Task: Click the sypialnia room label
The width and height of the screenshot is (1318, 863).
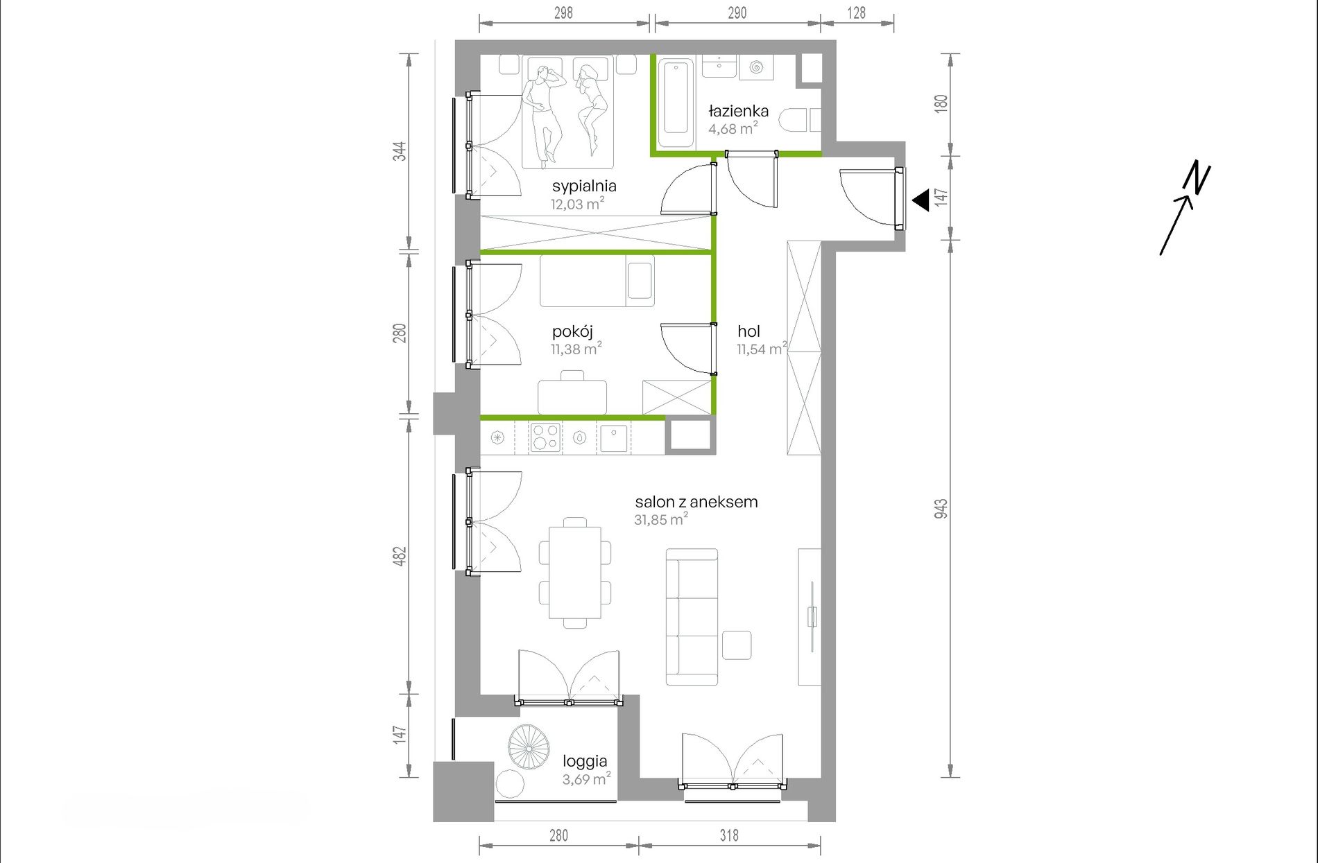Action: (x=584, y=186)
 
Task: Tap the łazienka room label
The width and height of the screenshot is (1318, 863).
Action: (x=738, y=111)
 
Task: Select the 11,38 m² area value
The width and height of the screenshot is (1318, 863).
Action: (x=576, y=349)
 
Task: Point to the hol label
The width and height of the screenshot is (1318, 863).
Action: (x=748, y=331)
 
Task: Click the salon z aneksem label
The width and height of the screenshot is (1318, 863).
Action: (x=696, y=502)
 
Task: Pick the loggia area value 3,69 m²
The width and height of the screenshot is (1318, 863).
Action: (x=587, y=778)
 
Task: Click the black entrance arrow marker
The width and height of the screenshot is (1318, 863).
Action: (x=921, y=200)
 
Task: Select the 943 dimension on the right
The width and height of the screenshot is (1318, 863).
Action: (x=941, y=509)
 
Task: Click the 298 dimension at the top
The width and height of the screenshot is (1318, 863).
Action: (x=563, y=12)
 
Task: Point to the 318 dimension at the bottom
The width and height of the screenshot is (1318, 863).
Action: (x=729, y=835)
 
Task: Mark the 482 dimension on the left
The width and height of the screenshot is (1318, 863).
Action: (x=400, y=556)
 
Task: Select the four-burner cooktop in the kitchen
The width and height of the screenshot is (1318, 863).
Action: (x=545, y=438)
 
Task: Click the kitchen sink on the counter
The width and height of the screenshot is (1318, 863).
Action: (x=614, y=438)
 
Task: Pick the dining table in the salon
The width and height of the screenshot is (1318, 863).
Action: (x=575, y=573)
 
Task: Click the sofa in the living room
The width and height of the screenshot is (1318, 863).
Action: (x=692, y=617)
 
